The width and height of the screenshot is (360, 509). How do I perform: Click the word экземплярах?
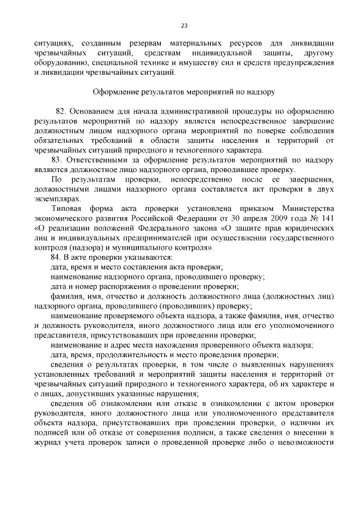point(57,198)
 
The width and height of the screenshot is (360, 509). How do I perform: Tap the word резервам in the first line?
point(154,43)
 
